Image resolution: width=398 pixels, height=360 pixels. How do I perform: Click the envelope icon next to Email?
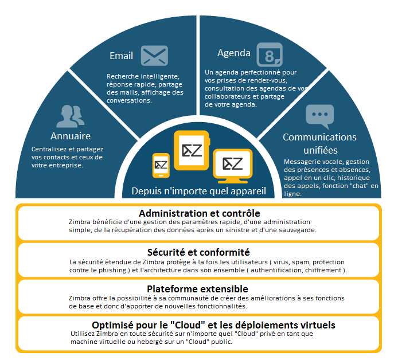154,56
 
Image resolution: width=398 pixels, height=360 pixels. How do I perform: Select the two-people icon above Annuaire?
70,116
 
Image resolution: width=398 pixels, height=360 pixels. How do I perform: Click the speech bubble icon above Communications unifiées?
318,115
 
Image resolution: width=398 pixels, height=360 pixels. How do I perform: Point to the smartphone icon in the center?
161,165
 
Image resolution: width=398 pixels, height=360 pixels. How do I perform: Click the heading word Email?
121,56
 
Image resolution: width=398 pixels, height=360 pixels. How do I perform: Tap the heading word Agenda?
233,53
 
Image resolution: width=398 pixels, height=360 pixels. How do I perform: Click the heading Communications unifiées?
319,143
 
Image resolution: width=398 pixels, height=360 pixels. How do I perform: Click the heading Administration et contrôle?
200,213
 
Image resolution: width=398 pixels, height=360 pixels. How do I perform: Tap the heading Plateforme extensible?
197,289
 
